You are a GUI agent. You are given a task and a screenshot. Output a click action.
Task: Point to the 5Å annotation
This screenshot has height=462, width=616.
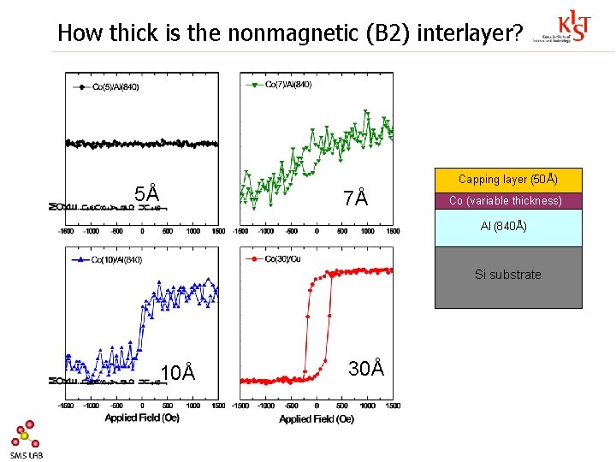point(147,194)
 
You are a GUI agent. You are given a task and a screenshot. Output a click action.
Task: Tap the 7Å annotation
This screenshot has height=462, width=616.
point(355,198)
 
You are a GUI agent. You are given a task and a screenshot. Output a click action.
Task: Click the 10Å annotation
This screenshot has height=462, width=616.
point(178,372)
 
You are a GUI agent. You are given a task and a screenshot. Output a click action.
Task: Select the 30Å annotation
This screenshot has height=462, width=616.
point(365,368)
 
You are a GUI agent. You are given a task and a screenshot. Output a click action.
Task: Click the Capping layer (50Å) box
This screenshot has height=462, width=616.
point(508,180)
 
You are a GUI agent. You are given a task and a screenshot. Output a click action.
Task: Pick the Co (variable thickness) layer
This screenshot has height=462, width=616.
point(508,201)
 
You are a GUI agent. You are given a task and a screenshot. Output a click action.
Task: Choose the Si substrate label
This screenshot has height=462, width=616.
point(508,275)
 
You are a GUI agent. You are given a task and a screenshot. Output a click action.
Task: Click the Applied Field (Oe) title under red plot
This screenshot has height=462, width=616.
point(316,418)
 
